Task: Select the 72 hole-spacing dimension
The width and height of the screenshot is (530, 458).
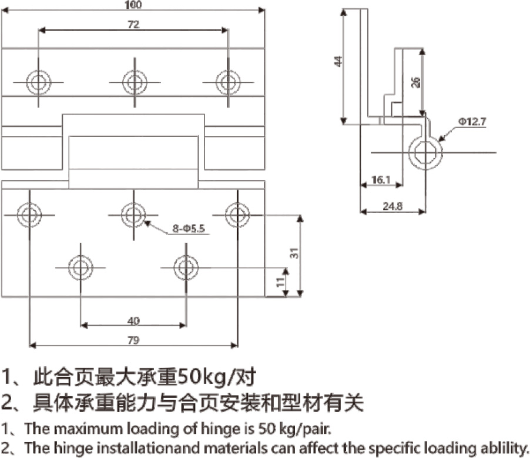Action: pos(133,24)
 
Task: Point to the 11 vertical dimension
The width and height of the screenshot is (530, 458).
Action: pos(280,282)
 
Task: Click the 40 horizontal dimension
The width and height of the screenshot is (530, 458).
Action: pos(133,320)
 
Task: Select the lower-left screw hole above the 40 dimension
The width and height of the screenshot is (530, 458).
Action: pos(80,268)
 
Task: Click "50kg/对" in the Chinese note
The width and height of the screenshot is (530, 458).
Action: pos(217,375)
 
